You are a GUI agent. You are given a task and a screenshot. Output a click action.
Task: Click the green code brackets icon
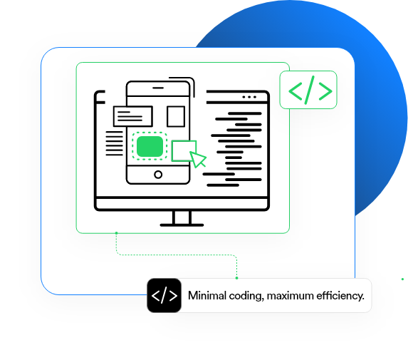tap(310, 90)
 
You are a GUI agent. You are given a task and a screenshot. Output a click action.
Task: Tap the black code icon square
tap(164, 295)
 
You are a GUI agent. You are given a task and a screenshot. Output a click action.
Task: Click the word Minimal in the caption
tap(207, 296)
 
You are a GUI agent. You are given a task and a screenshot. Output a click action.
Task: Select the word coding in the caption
tap(246, 296)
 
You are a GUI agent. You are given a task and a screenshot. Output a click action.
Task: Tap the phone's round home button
tap(158, 175)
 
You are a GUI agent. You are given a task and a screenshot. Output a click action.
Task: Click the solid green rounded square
tap(150, 146)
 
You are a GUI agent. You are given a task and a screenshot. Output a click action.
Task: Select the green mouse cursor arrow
tap(198, 159)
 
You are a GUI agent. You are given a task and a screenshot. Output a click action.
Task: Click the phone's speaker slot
tap(158, 88)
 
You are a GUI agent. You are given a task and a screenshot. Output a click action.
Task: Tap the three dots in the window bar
tap(249, 97)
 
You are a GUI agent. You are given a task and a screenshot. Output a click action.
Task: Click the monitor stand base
tap(182, 225)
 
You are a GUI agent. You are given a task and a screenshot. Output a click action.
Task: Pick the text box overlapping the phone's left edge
tap(133, 116)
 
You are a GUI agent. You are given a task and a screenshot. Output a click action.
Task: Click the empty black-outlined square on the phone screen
tap(176, 116)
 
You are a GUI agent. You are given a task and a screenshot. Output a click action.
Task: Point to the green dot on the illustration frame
tap(116, 233)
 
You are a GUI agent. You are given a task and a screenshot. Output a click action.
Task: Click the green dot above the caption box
tap(236, 278)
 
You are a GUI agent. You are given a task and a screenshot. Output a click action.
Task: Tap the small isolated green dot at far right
tap(402, 279)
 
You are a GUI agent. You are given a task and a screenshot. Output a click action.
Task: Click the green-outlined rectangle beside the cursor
tap(184, 151)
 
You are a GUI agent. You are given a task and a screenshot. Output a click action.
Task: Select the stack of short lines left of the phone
tap(115, 143)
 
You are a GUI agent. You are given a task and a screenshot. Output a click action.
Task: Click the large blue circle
tap(369, 79)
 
